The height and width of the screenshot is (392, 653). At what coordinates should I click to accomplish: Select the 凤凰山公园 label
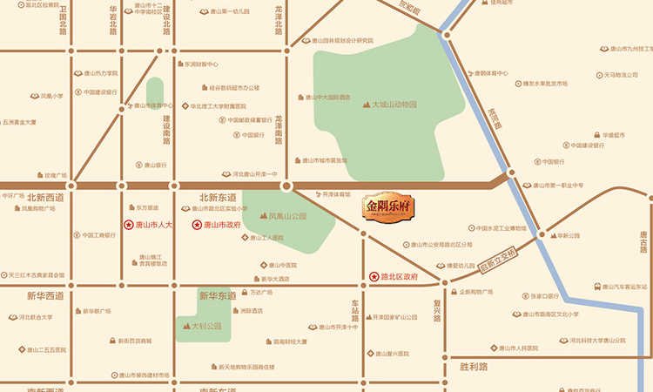tap(287, 214)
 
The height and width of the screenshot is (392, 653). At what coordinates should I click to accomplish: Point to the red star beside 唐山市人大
tap(128, 225)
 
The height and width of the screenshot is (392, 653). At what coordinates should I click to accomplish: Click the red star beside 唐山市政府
tap(196, 225)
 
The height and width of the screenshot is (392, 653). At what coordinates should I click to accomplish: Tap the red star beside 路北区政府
tap(374, 276)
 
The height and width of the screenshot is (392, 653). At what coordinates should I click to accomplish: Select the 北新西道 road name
tap(45, 198)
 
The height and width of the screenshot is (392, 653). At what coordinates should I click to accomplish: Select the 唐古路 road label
tap(643, 244)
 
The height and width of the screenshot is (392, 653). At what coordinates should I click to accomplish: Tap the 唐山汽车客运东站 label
tap(623, 286)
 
